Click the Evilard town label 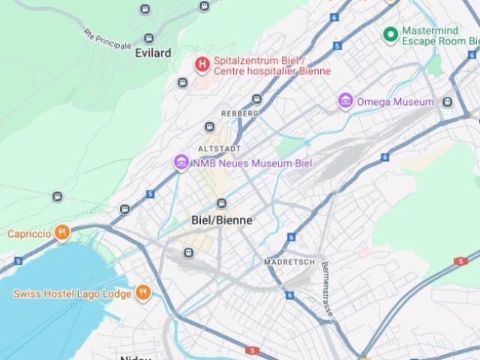pyautogui.click(x=153, y=53)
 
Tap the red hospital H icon pyautogui.click(x=202, y=65)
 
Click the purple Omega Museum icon pyautogui.click(x=346, y=101)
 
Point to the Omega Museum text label pyautogui.click(x=396, y=102)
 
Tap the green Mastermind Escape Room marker pyautogui.click(x=390, y=34)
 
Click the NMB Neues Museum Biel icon pyautogui.click(x=181, y=162)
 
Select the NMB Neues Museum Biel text pyautogui.click(x=251, y=163)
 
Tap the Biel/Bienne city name pyautogui.click(x=222, y=220)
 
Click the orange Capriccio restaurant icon pyautogui.click(x=63, y=233)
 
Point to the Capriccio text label pyautogui.click(x=29, y=234)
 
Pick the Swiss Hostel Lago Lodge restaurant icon pyautogui.click(x=142, y=293)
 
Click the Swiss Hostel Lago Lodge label pyautogui.click(x=72, y=294)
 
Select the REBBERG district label pyautogui.click(x=240, y=113)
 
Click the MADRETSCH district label pyautogui.click(x=289, y=262)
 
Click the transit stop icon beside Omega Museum pyautogui.click(x=447, y=102)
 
